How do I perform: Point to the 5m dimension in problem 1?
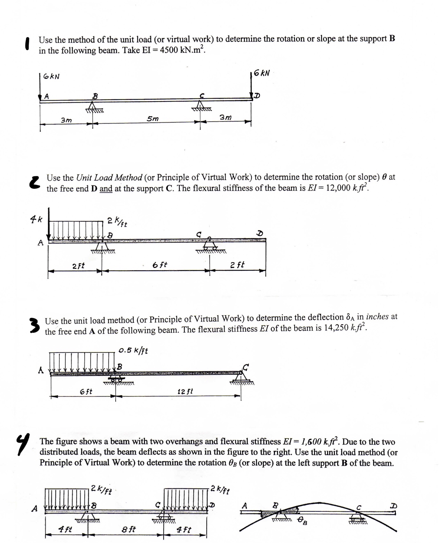[153, 119]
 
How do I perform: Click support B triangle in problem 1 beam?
[93, 106]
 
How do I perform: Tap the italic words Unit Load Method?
[109, 177]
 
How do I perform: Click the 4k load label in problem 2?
[36, 219]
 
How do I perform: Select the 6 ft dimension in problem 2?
[160, 265]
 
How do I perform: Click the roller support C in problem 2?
[210, 245]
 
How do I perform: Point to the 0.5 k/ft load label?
[133, 351]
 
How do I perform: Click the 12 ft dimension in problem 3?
[185, 391]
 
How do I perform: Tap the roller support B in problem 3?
[116, 379]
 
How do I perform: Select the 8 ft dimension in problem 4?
[129, 529]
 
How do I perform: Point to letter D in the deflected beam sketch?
[394, 506]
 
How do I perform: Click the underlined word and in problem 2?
[106, 189]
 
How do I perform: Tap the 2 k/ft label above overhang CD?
[220, 489]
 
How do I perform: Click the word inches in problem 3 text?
[377, 317]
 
